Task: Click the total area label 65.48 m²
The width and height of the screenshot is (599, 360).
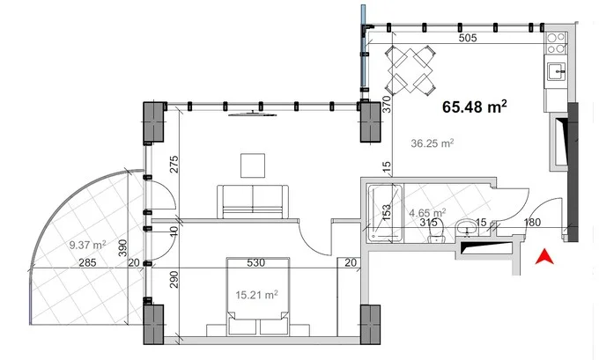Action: [475, 107]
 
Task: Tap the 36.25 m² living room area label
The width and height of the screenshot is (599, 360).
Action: [432, 143]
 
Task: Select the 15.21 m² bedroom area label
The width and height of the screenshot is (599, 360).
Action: [256, 295]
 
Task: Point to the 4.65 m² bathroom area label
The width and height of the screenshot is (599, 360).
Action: [427, 212]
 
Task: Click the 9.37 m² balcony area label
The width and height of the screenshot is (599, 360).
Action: [87, 245]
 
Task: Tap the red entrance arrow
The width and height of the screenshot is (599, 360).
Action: [544, 256]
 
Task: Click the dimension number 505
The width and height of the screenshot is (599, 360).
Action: [468, 38]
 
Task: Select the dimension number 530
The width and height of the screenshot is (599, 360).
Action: [255, 262]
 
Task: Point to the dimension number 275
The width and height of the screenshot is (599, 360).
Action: [174, 165]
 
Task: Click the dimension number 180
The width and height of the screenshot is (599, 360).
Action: [532, 222]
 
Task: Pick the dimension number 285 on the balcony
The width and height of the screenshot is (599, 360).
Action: [87, 262]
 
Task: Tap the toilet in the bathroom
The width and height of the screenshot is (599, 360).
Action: [435, 231]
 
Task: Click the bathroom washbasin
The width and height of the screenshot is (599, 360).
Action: [467, 228]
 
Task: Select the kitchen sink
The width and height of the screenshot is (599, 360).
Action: [556, 71]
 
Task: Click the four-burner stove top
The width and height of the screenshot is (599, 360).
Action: [556, 43]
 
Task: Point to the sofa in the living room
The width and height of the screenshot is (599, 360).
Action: [253, 202]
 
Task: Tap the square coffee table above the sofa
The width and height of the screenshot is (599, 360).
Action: [253, 165]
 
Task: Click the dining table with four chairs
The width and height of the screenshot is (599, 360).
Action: [410, 70]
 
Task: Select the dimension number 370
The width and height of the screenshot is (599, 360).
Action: [387, 104]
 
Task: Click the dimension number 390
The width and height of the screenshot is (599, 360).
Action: [122, 248]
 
